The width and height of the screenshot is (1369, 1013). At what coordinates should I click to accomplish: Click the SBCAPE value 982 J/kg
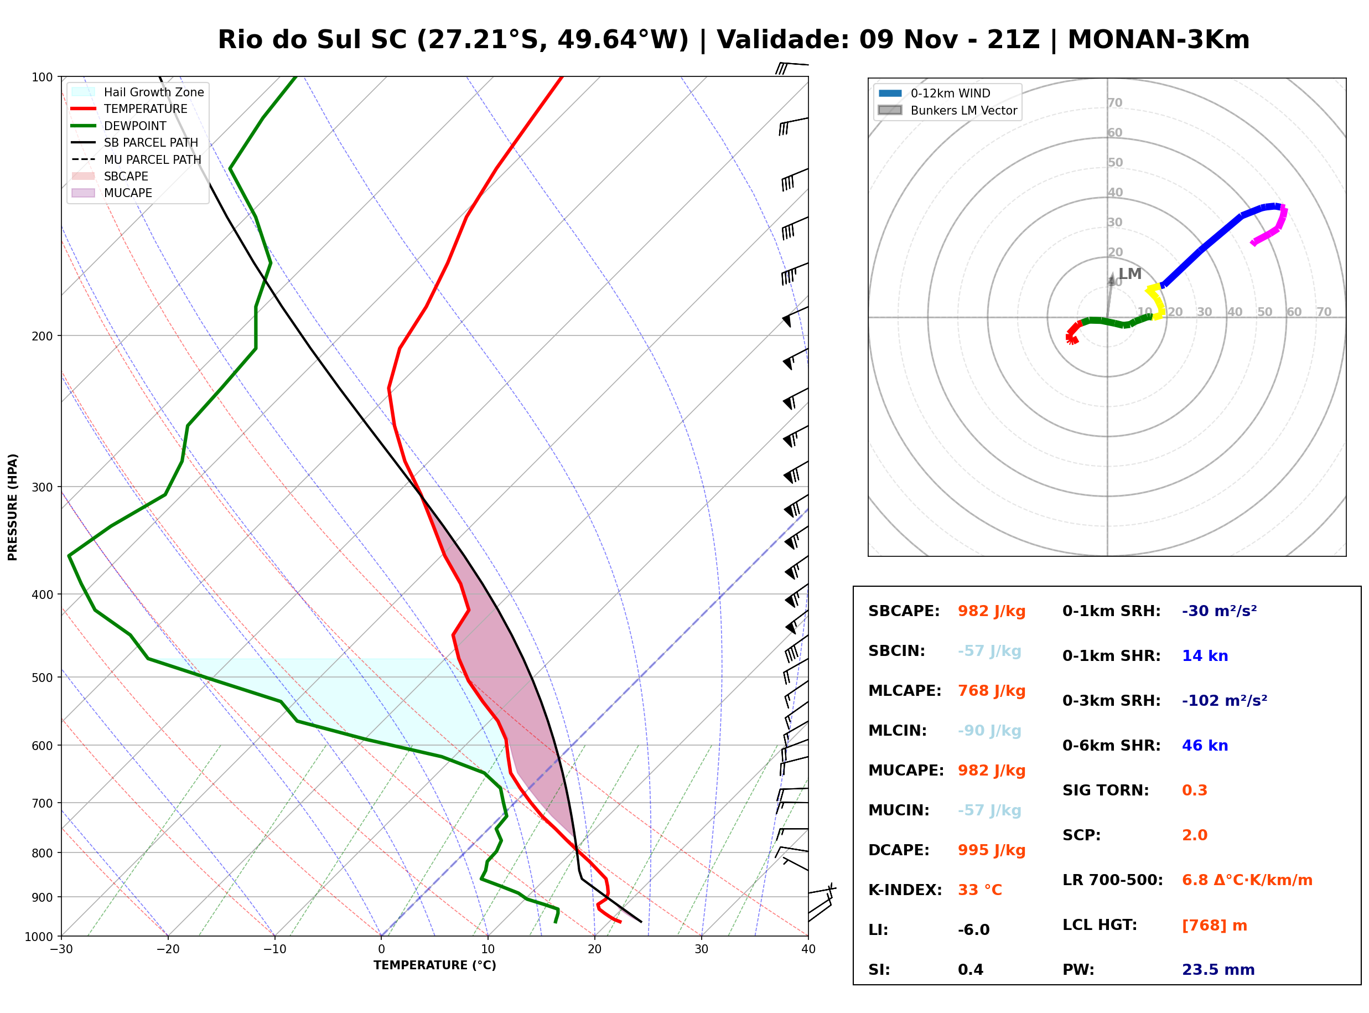point(992,611)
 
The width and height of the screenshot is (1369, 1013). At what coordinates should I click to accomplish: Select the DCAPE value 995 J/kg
point(992,850)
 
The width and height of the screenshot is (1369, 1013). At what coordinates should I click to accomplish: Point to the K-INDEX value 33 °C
point(980,890)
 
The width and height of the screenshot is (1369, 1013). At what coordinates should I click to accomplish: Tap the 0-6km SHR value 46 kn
point(1205,746)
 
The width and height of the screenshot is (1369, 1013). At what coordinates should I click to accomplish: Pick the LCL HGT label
point(1100,926)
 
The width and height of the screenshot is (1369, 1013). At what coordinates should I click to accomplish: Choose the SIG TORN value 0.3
point(1194,790)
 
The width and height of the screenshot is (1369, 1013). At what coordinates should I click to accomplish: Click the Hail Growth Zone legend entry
point(138,92)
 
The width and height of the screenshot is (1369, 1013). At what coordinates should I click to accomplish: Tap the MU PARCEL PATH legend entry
point(137,159)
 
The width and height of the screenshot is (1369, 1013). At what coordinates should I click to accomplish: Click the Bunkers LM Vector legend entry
point(947,110)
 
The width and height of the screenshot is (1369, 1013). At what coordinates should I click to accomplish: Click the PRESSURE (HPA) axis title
point(13,507)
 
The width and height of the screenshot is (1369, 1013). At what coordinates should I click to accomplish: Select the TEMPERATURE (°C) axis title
point(435,966)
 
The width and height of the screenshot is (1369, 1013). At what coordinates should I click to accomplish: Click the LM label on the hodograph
point(1130,273)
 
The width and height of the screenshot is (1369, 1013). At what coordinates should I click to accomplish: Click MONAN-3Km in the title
point(1158,40)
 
